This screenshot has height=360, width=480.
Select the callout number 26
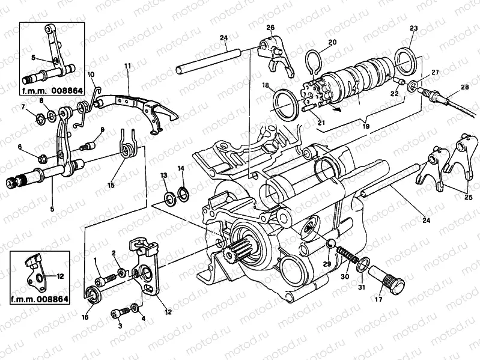pos(270,28)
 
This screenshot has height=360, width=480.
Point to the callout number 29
pos(327,263)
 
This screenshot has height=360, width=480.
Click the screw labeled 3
pos(118,313)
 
